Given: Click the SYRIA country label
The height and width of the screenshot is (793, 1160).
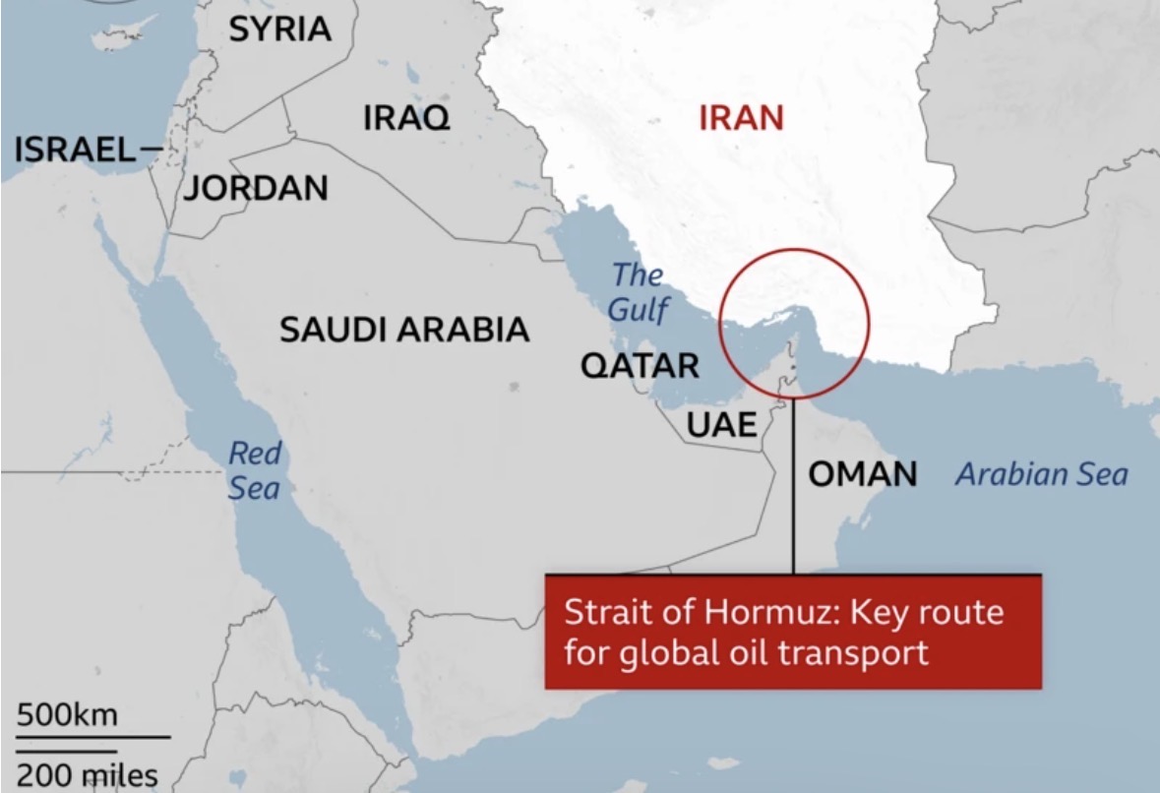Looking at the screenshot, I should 280,30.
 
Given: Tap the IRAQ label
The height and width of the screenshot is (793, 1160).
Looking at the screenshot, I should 406,119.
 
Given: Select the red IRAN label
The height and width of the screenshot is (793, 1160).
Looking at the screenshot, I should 741,119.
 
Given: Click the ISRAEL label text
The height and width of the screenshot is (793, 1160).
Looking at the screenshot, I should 75,151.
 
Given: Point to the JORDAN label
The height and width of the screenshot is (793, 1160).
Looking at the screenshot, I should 256,187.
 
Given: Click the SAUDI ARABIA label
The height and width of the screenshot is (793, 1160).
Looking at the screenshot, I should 404,330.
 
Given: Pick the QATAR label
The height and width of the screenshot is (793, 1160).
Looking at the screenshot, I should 640,366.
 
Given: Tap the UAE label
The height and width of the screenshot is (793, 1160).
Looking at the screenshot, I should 722,425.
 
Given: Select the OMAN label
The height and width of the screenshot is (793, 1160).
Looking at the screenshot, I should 863,474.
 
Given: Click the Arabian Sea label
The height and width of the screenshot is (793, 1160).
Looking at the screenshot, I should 1042,475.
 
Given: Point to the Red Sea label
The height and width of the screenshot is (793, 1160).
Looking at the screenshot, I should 255,470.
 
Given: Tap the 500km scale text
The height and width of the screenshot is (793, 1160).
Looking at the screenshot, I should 67,714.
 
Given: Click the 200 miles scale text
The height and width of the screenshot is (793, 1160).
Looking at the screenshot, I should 87,774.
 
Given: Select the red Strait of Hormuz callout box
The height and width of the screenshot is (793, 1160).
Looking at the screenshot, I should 792,632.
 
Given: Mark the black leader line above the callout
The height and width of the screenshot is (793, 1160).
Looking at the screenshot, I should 792,492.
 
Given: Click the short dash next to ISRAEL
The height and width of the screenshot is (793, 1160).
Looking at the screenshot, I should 151,151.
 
